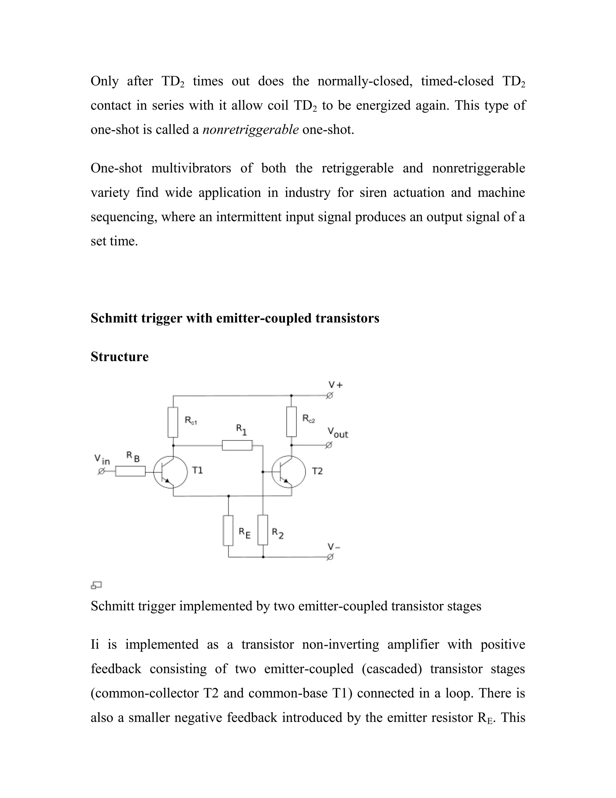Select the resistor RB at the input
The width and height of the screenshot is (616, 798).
130,471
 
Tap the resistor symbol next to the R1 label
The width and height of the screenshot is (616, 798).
237,445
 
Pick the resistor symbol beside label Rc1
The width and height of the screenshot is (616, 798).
173,422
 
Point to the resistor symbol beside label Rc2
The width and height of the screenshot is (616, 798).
291,421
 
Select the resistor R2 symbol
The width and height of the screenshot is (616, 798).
263,530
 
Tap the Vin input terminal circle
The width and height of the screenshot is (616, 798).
101,471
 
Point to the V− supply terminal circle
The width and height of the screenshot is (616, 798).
330,557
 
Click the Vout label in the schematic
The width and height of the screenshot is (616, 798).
337,433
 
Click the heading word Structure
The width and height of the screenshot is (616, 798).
119,357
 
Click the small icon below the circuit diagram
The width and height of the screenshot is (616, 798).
96,585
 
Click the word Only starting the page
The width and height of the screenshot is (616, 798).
104,81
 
